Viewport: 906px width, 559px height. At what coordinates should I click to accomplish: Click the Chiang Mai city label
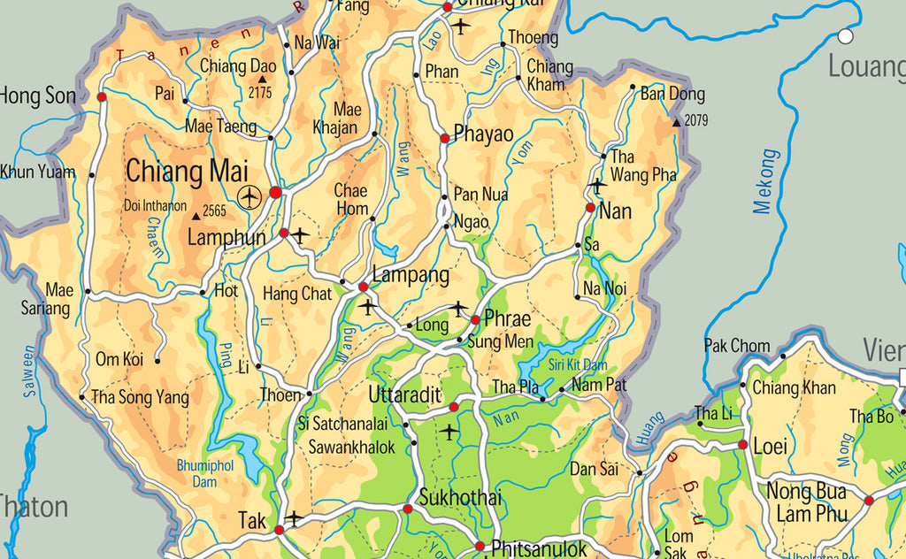187,172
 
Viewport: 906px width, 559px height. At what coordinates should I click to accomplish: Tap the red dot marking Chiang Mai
275,192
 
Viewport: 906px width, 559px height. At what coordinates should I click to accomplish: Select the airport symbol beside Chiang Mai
250,196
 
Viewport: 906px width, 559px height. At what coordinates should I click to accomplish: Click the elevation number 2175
260,91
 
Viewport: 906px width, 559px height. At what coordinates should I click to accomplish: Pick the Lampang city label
411,274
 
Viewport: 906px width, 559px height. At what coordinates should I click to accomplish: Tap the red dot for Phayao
445,138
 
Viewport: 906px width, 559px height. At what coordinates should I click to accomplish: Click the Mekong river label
765,181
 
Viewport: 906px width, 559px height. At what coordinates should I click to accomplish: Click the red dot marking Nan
590,208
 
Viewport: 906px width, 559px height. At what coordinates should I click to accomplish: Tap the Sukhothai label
460,497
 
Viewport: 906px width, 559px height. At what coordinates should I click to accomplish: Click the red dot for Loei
741,445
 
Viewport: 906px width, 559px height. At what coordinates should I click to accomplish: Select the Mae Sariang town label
46,299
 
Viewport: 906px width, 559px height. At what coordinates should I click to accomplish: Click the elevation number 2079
696,120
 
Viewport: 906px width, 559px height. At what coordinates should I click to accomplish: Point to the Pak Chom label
737,345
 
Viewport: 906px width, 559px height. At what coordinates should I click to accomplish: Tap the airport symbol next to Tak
294,517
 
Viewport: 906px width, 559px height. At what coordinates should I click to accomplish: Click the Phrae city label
507,318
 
